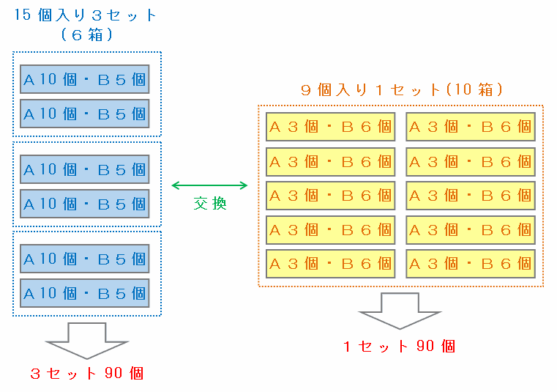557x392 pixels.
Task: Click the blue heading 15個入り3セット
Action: point(86,15)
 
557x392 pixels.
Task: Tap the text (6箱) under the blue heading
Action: point(86,34)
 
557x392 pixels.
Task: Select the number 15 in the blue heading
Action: point(23,15)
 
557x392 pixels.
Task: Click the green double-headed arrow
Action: point(209,186)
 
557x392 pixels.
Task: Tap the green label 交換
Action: point(209,204)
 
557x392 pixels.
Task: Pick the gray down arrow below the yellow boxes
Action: point(400,314)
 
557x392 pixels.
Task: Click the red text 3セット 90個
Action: point(86,373)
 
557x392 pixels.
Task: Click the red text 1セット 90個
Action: point(400,346)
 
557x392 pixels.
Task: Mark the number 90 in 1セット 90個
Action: point(426,346)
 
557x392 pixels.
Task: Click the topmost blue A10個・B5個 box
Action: point(85,79)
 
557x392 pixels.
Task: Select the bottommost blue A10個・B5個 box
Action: point(85,293)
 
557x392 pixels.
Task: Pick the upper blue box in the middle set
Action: point(85,169)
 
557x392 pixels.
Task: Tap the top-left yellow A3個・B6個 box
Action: point(330,126)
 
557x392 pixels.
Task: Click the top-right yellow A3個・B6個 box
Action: point(470,126)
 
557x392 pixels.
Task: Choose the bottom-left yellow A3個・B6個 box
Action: point(330,264)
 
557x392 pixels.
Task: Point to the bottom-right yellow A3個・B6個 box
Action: point(470,264)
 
